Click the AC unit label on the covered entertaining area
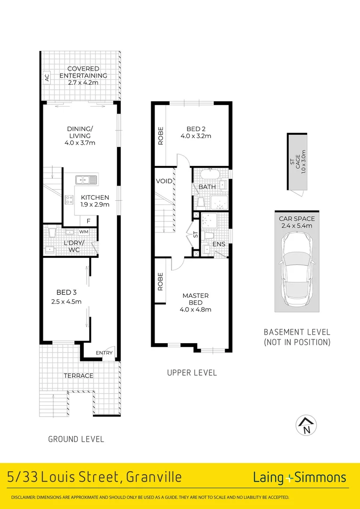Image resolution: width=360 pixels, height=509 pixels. [47, 78]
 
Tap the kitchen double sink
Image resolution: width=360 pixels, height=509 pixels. [86, 180]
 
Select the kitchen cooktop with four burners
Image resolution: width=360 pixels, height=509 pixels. [70, 199]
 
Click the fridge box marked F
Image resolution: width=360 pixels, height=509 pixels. [88, 221]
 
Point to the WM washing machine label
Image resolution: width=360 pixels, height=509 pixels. [83, 232]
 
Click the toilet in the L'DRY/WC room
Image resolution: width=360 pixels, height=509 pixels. [52, 232]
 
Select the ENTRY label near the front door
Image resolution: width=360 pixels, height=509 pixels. [104, 353]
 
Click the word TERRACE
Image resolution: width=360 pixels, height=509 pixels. [78, 376]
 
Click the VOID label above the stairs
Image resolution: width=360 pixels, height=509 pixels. [164, 181]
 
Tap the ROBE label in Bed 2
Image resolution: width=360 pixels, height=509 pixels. [160, 135]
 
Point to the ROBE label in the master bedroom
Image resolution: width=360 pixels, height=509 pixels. [160, 281]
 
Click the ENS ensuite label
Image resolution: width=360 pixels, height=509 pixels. [219, 244]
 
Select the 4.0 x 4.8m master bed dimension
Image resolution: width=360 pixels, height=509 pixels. [196, 309]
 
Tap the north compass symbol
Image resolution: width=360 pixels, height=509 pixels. [306, 425]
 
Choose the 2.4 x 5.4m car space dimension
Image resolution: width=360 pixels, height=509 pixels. [297, 226]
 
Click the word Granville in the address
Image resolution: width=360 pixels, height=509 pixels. [154, 478]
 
